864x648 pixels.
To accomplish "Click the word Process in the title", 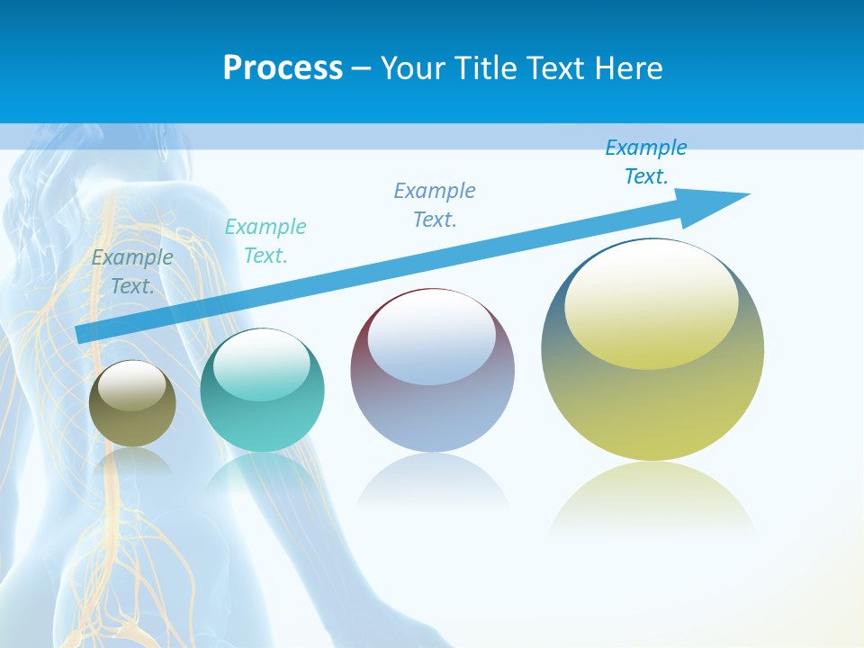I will point(283,68).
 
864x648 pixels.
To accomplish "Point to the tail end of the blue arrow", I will point(83,334).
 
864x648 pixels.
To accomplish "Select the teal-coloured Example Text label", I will point(265,241).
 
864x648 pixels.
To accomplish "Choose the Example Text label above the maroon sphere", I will point(435,204).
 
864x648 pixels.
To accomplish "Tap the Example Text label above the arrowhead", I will point(646,162).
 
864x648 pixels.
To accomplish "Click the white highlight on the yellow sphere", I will point(651,301).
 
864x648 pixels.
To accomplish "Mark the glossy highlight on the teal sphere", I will point(262,364).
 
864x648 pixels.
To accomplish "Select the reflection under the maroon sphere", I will point(432,481).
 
